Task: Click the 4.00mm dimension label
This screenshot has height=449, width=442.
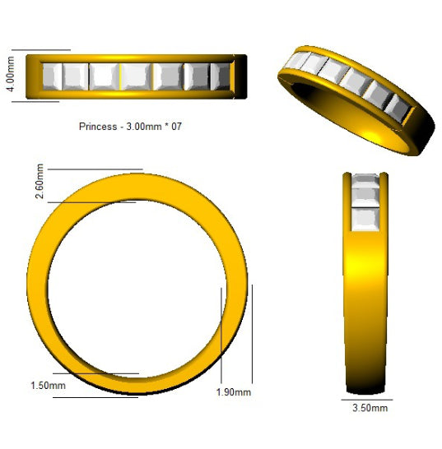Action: [x=11, y=74]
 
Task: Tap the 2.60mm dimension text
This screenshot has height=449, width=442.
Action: [x=40, y=181]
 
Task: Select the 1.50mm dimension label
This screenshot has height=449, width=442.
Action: [x=49, y=386]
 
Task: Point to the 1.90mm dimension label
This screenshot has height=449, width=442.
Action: [x=234, y=392]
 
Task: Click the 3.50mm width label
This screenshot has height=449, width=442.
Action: [x=370, y=408]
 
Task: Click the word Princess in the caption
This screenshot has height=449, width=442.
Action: [x=98, y=127]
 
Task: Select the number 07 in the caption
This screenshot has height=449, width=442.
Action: [x=177, y=127]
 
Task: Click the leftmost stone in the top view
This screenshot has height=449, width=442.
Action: [x=52, y=76]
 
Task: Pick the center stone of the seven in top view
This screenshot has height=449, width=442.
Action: [x=136, y=76]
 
